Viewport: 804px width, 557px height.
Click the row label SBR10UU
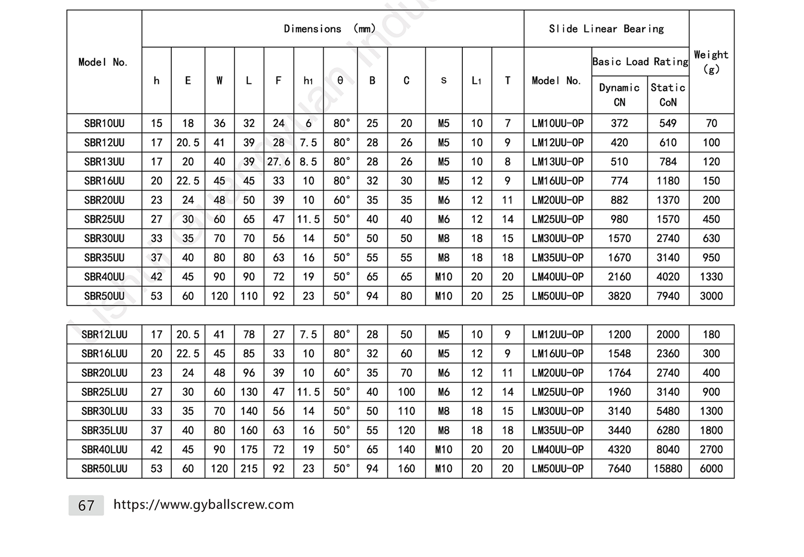[x=104, y=124]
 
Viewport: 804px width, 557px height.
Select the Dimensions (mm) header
[x=330, y=29]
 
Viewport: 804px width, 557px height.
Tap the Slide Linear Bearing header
[x=606, y=29]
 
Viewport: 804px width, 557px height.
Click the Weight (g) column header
[x=711, y=61]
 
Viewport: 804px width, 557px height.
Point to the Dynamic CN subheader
[x=619, y=95]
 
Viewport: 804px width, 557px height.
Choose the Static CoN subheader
[x=668, y=95]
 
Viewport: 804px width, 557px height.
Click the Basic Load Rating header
[x=640, y=62]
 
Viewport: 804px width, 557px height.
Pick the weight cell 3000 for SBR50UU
[x=711, y=296]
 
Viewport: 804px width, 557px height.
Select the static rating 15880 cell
[x=668, y=469]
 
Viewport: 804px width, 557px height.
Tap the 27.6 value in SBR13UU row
[x=278, y=162]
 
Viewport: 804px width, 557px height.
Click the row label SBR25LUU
[x=104, y=392]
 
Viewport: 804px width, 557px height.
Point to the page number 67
[x=86, y=505]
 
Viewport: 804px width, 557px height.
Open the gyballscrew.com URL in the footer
[x=204, y=505]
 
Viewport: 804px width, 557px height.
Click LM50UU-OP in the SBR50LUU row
[x=558, y=469]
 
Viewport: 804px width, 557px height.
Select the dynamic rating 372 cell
[x=619, y=124]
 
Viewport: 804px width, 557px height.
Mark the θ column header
[x=340, y=80]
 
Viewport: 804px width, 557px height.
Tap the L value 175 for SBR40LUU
[x=249, y=450]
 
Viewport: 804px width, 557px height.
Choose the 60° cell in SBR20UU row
[x=341, y=200]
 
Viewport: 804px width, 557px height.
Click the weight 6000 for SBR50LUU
[x=711, y=469]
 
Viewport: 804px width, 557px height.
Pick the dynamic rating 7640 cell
[x=619, y=469]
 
